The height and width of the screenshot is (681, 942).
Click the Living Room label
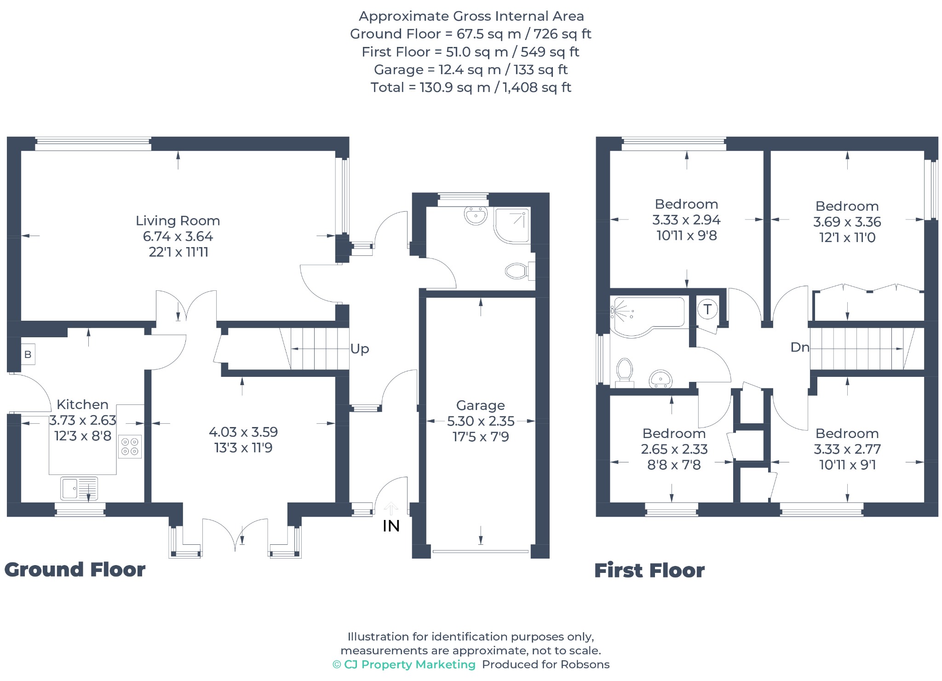[178, 221]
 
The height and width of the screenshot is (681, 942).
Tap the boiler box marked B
[28, 354]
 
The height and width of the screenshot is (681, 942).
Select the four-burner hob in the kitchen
[130, 446]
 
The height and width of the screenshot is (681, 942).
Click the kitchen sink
[79, 489]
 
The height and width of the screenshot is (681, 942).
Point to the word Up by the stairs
[360, 349]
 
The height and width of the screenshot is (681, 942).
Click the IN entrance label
[391, 526]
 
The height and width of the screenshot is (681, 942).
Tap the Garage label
[480, 405]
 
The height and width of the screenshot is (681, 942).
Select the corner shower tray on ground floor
[512, 225]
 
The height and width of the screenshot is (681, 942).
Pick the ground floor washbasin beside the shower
[476, 215]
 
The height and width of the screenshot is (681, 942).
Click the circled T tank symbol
[707, 309]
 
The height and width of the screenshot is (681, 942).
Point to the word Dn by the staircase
[799, 347]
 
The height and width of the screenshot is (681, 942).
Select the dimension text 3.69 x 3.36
[847, 222]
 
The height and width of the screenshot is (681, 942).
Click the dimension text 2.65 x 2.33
[674, 449]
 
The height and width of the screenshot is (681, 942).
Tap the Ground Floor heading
[75, 570]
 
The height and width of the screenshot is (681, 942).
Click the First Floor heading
[649, 571]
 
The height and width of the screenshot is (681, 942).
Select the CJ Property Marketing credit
[404, 664]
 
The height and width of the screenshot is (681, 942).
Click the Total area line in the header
[471, 87]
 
